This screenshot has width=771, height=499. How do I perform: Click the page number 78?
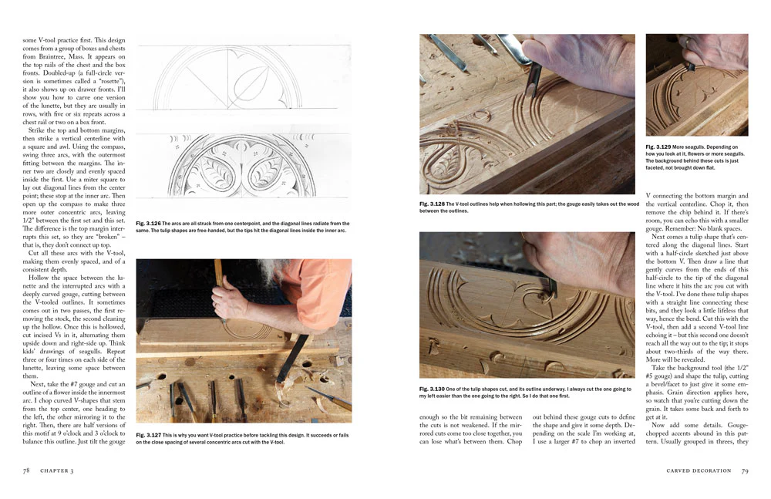tap(27, 470)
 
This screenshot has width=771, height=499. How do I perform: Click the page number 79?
tap(744, 470)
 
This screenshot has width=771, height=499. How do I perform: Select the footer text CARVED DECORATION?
tap(699, 470)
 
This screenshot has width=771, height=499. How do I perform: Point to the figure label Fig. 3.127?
tap(149, 435)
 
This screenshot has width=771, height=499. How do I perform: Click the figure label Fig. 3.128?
tap(433, 204)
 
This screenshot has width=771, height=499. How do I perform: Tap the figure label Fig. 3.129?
tap(659, 147)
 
